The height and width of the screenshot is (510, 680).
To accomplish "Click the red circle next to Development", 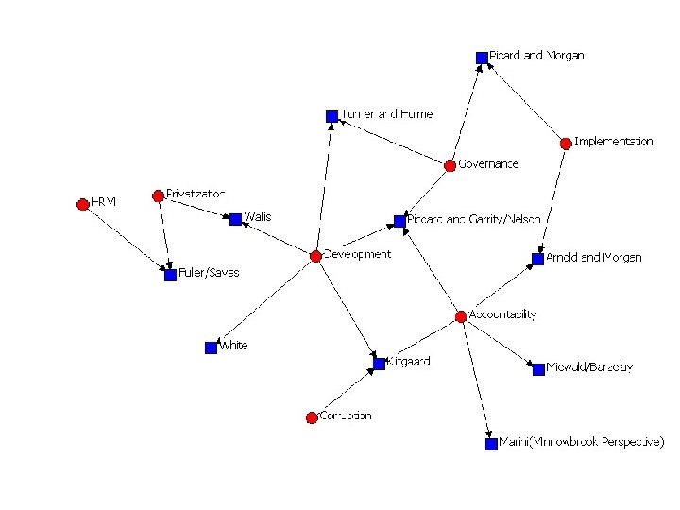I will (315, 256).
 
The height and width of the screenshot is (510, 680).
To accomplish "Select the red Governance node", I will (450, 165).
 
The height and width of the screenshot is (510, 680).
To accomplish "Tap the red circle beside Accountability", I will (461, 315).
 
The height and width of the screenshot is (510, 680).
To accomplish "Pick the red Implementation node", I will (565, 144).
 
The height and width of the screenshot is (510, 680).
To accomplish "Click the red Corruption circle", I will (312, 417).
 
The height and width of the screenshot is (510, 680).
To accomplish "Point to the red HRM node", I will (83, 204).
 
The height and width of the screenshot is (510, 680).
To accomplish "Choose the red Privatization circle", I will (158, 195).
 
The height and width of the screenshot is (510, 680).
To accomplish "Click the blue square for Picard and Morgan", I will (482, 58).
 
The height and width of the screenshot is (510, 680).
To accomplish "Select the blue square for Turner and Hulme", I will (331, 116).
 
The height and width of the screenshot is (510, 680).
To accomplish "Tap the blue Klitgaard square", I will (380, 363).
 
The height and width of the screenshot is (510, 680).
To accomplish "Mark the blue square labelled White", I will (211, 348).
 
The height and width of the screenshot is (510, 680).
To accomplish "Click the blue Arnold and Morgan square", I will (537, 259).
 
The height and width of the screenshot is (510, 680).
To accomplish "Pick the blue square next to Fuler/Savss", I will (170, 275).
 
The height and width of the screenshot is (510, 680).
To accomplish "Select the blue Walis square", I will (235, 219).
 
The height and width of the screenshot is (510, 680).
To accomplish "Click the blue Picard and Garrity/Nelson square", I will (399, 221).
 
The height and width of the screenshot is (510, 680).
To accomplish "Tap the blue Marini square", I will (491, 443).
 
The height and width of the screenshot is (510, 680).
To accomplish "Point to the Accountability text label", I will (503, 314).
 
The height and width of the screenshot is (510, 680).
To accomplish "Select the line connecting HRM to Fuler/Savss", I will (126, 239).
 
